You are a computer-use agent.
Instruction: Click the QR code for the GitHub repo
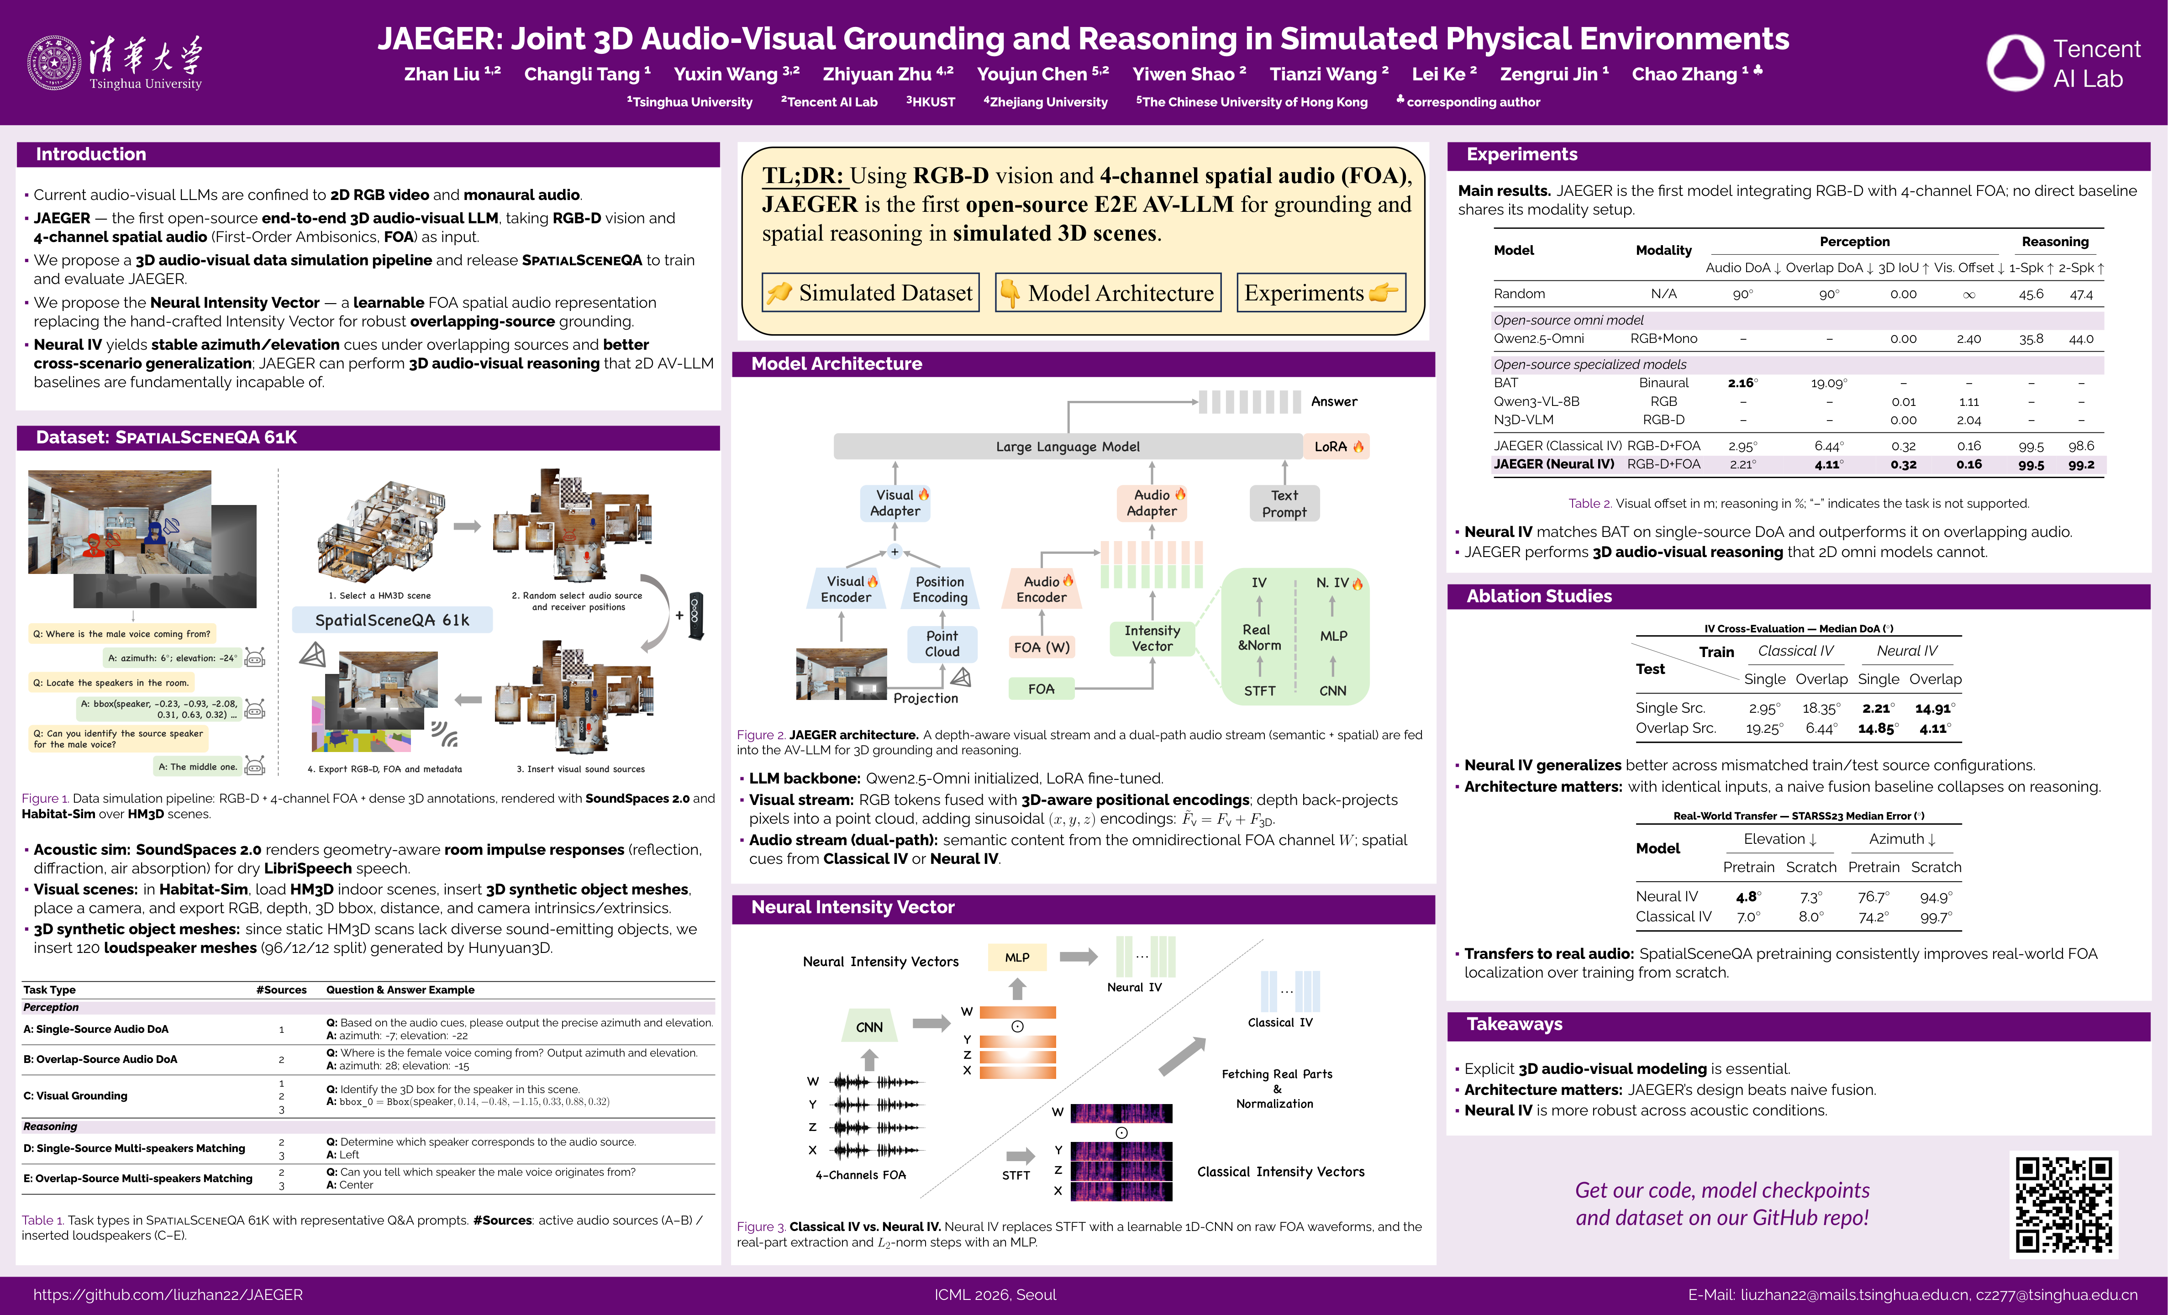coord(2063,1204)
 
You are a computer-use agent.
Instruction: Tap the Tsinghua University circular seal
coord(54,63)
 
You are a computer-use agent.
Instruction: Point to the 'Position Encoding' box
coord(940,589)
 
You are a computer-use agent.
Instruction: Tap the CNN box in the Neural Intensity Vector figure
coord(869,1026)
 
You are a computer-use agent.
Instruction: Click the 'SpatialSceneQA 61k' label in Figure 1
coord(392,620)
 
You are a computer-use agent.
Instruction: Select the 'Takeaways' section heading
coord(1514,1024)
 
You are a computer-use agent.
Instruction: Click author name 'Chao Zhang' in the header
coord(1684,74)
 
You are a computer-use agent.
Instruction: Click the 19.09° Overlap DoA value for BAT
coord(1828,383)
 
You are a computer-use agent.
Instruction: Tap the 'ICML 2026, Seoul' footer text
coord(995,1295)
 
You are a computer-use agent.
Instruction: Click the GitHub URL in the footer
coord(168,1295)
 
